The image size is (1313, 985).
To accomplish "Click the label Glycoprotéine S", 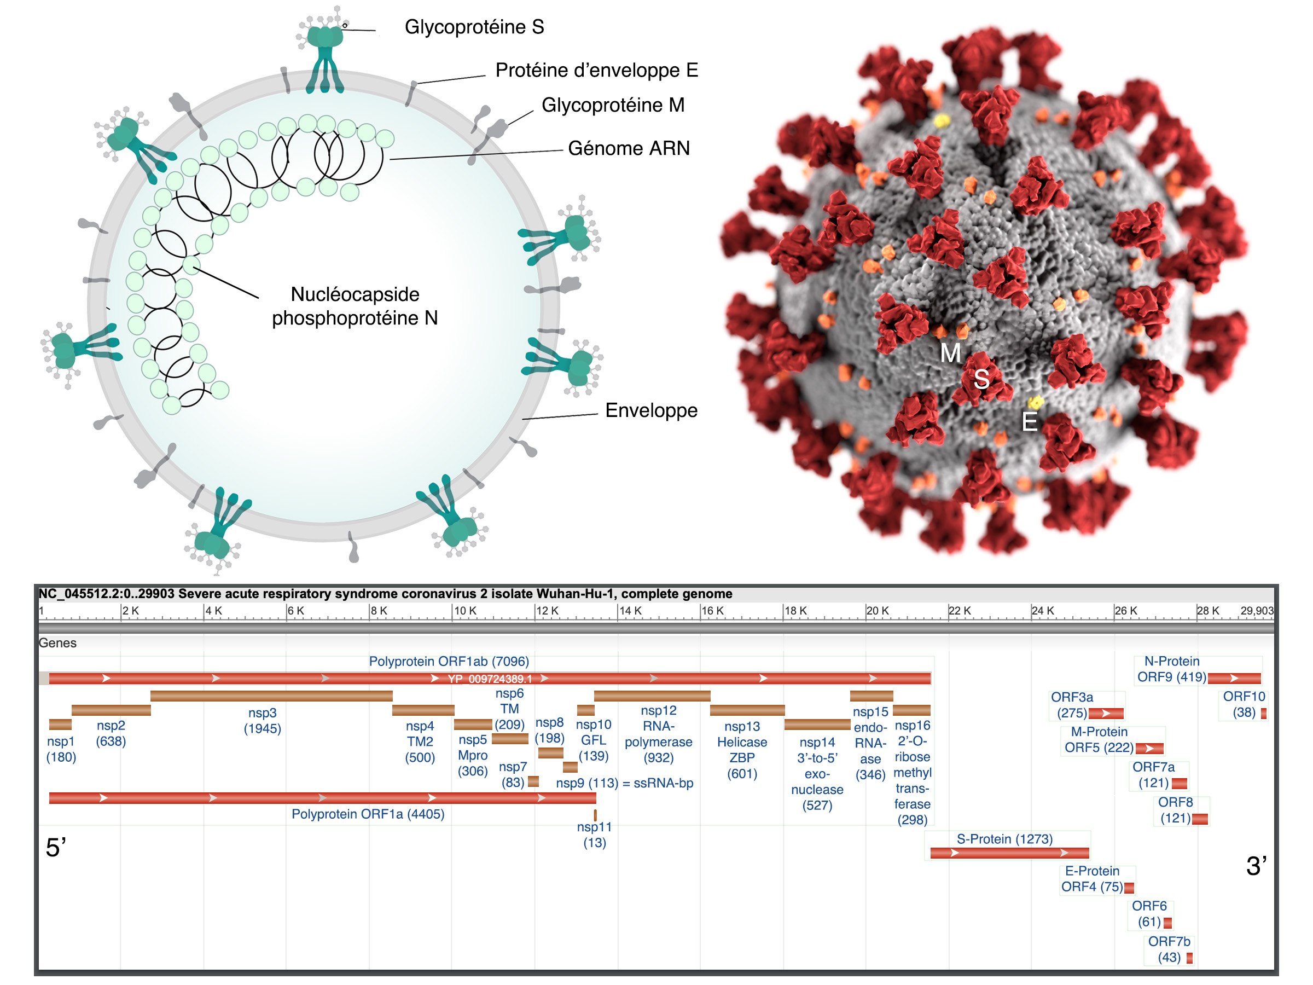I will (474, 27).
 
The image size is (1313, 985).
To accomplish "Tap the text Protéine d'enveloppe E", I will (596, 71).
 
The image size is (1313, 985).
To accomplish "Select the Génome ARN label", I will (629, 148).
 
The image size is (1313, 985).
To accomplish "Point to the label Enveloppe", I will (650, 410).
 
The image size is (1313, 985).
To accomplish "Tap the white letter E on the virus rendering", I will (1029, 422).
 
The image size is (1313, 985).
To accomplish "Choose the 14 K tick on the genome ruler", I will (630, 611).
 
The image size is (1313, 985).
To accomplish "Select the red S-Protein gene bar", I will (1009, 853).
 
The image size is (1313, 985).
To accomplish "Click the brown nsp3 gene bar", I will (271, 696).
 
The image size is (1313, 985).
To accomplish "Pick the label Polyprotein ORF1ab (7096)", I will (449, 662).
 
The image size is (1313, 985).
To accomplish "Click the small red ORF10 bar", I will (1264, 714).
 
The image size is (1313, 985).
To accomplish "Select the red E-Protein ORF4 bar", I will (1129, 888).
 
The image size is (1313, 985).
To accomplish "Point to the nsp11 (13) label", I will (594, 835).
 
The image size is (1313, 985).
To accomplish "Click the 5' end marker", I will (56, 848).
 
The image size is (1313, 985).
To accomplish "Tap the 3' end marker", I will (1256, 866).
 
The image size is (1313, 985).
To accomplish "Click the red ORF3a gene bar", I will (1106, 714).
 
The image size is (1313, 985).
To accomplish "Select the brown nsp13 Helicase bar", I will (747, 711).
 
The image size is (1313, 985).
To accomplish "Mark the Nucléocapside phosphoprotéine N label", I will (355, 306).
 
